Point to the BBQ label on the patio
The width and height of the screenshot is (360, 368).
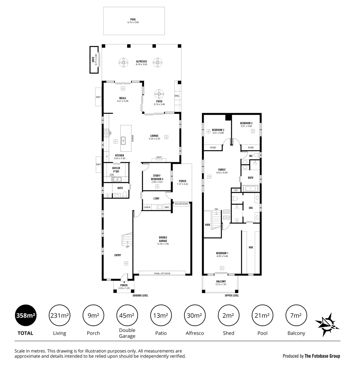[177, 96]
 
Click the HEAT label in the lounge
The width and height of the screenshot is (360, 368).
[159, 157]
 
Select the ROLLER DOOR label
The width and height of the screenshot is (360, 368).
[181, 204]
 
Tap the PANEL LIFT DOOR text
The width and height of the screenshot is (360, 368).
[162, 273]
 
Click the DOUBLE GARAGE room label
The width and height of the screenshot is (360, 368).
[162, 239]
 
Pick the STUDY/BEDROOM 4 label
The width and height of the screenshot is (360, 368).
[157, 177]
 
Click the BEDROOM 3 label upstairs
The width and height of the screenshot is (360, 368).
[246, 123]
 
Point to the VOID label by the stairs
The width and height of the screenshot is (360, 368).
[207, 225]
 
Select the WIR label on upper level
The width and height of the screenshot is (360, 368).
[251, 247]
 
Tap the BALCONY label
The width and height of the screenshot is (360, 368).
[221, 281]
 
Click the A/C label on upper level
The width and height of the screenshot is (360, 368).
[236, 190]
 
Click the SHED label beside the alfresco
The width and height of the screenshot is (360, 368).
[93, 60]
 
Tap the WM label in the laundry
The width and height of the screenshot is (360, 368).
[167, 207]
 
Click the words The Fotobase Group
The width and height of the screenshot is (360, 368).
[322, 356]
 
